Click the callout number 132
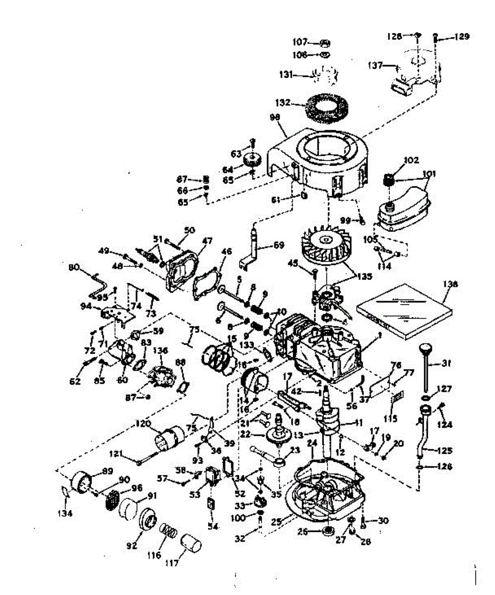pyautogui.click(x=284, y=104)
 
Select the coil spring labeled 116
pyautogui.click(x=168, y=535)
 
